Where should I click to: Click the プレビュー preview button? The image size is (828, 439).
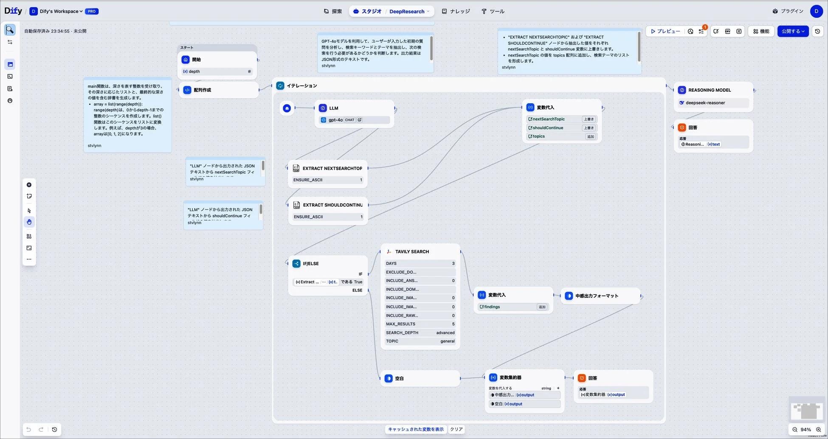[x=665, y=31]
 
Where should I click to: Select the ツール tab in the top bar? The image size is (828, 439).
[x=493, y=11]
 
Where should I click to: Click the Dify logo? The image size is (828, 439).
[x=13, y=11]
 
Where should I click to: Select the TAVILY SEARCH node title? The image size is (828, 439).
[x=412, y=252]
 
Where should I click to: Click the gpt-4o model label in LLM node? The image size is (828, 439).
[x=335, y=120]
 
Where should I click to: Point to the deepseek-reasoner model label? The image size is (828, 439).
[x=705, y=103]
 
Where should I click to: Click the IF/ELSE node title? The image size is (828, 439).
[x=310, y=263]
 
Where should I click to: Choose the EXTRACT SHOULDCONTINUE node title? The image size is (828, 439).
[x=332, y=205]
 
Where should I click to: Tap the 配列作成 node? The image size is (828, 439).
[x=202, y=90]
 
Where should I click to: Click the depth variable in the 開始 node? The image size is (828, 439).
[x=194, y=71]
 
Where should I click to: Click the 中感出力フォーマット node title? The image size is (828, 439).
[x=597, y=296]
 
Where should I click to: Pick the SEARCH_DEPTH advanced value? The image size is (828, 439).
[x=445, y=333]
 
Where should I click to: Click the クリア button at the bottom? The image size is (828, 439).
[x=456, y=429]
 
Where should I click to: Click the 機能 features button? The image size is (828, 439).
[x=761, y=31]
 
